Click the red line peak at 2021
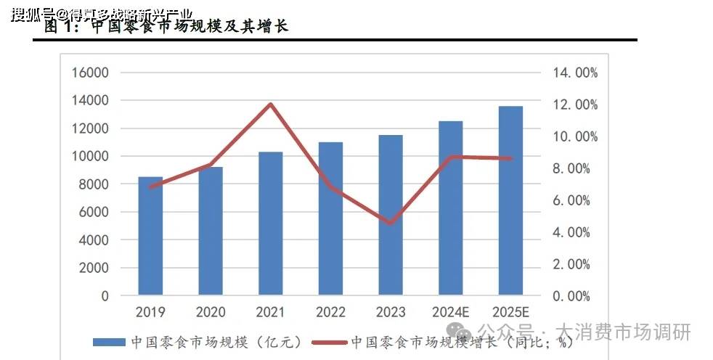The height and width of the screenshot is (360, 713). pyautogui.click(x=270, y=104)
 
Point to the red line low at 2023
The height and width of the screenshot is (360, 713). pyautogui.click(x=390, y=223)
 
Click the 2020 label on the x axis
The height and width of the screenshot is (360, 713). pyautogui.click(x=211, y=313)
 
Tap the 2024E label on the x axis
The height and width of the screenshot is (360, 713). pyautogui.click(x=450, y=313)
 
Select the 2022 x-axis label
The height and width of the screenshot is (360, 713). pyautogui.click(x=330, y=313)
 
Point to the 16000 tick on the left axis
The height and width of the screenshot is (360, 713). pyautogui.click(x=90, y=73)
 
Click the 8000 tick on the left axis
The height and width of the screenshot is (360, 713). pyautogui.click(x=94, y=184)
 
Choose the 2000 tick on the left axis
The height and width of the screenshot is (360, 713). pyautogui.click(x=94, y=268)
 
